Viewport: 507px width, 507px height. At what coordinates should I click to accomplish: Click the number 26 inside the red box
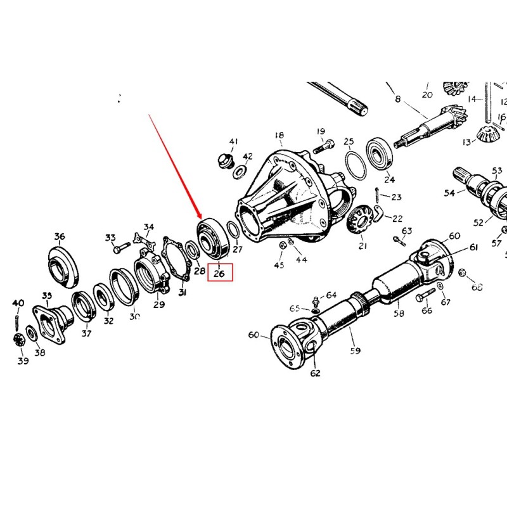(x=219, y=274)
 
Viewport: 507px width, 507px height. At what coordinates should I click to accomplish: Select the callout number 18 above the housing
(x=279, y=136)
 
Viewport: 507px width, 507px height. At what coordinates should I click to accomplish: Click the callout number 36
(x=59, y=238)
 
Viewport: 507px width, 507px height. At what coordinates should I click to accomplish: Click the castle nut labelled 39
(x=19, y=340)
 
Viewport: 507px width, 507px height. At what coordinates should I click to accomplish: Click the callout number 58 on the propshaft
(x=399, y=313)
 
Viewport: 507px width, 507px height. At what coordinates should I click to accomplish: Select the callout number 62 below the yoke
(x=315, y=373)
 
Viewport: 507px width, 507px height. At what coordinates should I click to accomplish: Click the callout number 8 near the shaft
(x=398, y=99)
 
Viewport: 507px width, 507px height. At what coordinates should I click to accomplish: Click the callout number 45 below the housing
(x=279, y=265)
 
